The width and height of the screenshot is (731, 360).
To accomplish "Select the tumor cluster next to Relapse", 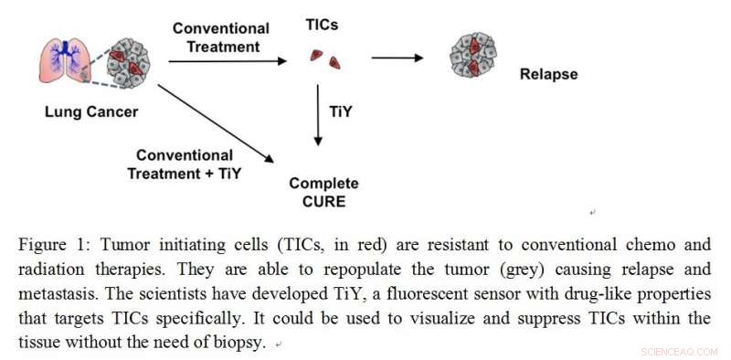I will tap(473, 56).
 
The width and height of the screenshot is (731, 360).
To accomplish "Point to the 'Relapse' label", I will tap(548, 74).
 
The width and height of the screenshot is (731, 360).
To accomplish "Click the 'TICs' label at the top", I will tap(322, 28).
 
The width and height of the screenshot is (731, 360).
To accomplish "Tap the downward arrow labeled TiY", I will tap(319, 114).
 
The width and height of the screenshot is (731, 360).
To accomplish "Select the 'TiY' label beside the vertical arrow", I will tap(341, 112).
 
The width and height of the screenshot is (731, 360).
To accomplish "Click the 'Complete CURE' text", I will tap(323, 192).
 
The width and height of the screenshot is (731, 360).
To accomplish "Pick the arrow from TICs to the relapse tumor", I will tap(397, 59).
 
